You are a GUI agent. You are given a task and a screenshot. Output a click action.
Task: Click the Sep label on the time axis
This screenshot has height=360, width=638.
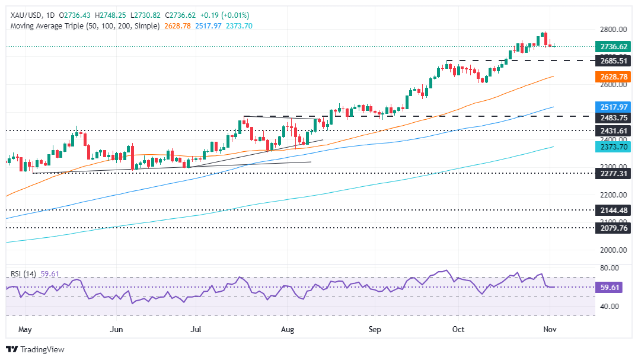click(374, 327)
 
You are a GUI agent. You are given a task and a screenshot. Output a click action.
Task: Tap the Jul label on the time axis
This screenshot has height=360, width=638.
click(196, 327)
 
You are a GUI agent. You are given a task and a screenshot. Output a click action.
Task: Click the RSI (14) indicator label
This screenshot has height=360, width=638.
click(26, 273)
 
